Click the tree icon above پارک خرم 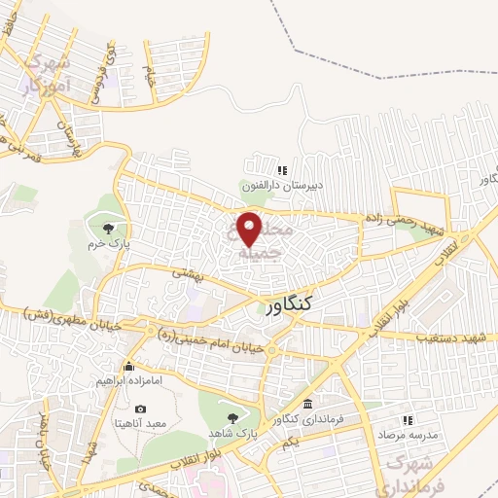105,228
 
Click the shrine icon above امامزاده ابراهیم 129,367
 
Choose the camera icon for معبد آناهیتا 142,409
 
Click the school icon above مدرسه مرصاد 409,419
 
